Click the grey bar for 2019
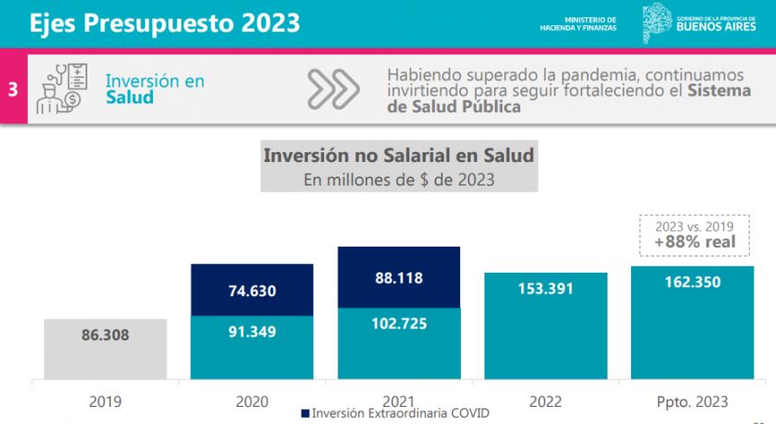(x=105, y=349)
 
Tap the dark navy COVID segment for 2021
(x=399, y=277)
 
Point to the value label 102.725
(x=398, y=323)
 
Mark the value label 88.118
(x=399, y=278)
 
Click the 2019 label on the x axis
(x=104, y=401)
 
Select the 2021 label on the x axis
(x=399, y=401)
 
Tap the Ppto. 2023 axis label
(x=691, y=401)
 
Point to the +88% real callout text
(x=694, y=241)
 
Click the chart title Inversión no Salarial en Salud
(x=399, y=156)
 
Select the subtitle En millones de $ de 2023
(x=399, y=179)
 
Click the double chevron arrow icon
(x=333, y=88)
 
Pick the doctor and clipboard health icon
(x=59, y=88)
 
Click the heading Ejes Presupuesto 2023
(x=165, y=23)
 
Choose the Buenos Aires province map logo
(x=654, y=23)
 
